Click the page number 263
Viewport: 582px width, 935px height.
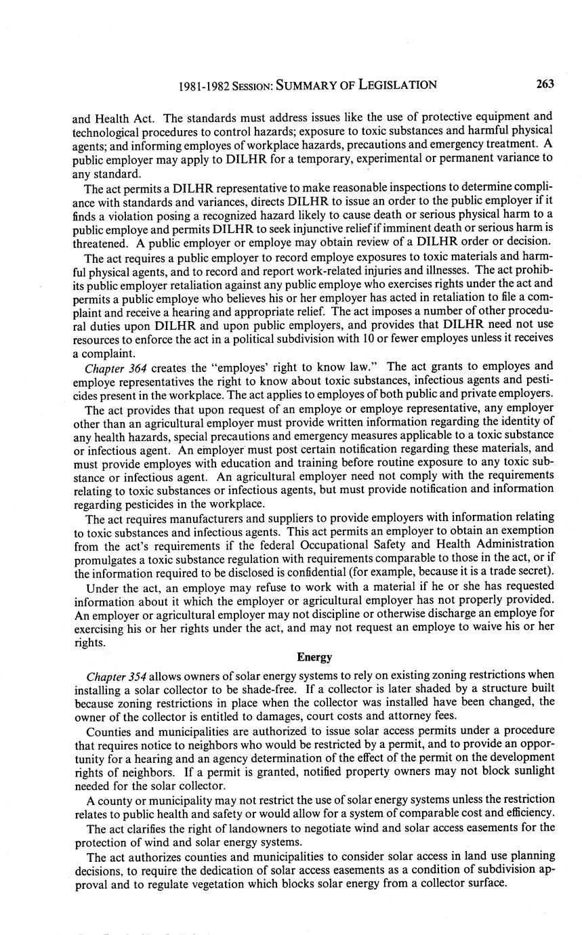click(545, 84)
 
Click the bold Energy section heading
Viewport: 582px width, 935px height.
click(314, 657)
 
